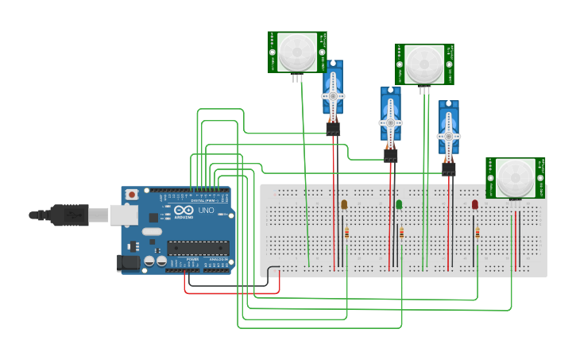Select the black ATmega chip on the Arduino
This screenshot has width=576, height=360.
point(198,248)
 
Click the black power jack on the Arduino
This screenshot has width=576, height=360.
point(127,263)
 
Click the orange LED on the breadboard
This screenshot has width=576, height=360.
point(344,204)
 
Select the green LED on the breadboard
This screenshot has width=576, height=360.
point(399,204)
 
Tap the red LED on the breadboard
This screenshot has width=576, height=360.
point(475,204)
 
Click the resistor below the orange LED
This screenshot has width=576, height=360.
point(346,233)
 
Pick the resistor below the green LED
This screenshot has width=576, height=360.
point(401,233)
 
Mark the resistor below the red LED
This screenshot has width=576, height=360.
point(477,233)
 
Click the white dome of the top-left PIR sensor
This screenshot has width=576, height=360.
point(296,52)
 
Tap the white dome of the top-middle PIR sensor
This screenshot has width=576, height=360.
point(424,64)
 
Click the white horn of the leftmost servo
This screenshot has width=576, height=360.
point(333,95)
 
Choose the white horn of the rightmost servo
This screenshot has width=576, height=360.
point(449,136)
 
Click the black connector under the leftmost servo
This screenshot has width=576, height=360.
point(333,128)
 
